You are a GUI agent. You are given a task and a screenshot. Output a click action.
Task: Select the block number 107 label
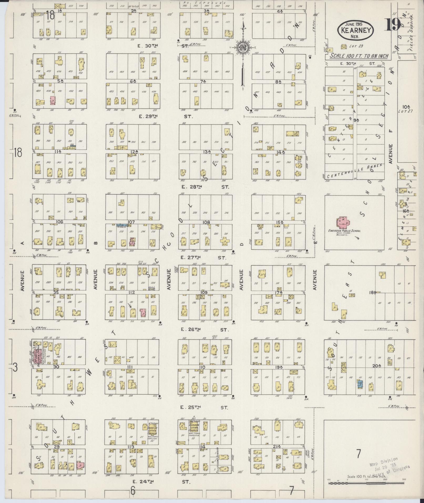pos(131,222)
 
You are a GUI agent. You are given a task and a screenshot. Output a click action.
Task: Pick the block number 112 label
pos(131,292)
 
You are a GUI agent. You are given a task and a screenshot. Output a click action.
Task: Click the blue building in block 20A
pos(360,384)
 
